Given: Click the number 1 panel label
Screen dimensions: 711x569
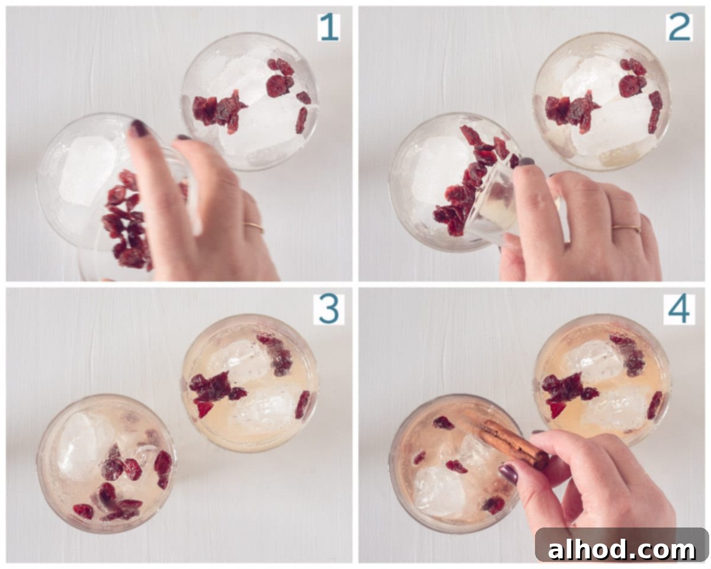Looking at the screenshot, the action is tap(329, 27).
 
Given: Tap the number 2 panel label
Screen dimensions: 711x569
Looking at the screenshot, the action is tap(679, 27).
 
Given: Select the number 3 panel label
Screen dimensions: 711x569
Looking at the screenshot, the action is tap(329, 309).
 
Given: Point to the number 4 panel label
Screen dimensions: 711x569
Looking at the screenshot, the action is tap(679, 309).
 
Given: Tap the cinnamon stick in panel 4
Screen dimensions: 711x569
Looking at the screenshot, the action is tap(511, 442).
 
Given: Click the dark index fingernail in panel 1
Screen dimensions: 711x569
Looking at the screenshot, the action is tap(139, 128).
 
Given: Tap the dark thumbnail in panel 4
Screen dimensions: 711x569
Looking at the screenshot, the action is tap(509, 474).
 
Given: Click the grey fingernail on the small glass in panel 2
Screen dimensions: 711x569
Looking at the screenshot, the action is tap(526, 162).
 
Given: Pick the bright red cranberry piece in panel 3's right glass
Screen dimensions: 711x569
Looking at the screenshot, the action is tap(204, 410).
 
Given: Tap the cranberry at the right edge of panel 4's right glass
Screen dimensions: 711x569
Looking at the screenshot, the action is tap(655, 405).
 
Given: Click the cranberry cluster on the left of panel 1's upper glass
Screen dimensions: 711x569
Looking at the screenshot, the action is tap(218, 111).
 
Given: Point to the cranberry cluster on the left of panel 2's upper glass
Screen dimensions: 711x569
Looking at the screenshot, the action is tap(572, 111).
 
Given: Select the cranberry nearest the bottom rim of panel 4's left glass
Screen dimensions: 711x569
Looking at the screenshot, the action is tap(494, 505).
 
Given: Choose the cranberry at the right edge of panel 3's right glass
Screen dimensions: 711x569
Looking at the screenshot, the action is tap(303, 404).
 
